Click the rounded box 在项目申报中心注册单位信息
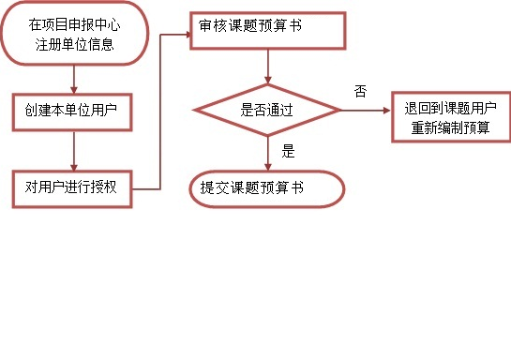(74, 34)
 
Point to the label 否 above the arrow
(360, 91)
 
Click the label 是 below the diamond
(288, 150)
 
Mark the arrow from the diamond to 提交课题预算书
(269, 153)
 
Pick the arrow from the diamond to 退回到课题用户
(366, 110)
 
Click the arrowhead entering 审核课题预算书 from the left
(185, 35)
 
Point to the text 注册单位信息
(74, 43)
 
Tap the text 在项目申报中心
(74, 25)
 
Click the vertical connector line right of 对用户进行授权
(163, 112)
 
